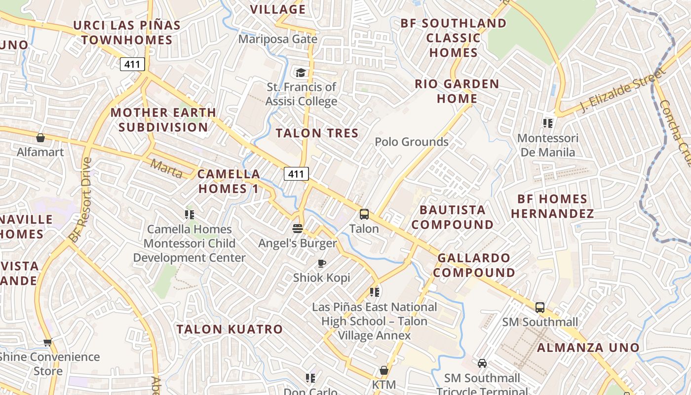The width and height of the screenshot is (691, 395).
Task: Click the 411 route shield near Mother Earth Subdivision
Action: [132, 64]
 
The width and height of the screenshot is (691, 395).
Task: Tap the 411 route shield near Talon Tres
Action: [296, 174]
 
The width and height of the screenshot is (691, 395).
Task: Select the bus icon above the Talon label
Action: [364, 214]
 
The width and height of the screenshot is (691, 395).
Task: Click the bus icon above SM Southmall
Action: [540, 308]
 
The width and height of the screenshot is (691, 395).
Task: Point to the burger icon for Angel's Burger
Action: [297, 228]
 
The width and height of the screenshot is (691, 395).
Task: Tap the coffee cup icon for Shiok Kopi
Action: [321, 263]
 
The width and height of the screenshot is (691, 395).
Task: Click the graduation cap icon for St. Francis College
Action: [301, 73]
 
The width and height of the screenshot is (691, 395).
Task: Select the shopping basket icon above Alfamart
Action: [40, 138]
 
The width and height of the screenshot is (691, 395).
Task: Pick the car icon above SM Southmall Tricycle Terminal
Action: [482, 363]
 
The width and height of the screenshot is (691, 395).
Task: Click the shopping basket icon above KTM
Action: [384, 370]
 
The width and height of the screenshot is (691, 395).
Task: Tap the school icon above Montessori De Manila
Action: [547, 123]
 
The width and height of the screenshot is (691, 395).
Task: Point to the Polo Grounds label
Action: [412, 142]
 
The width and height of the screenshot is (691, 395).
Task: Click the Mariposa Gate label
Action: [278, 39]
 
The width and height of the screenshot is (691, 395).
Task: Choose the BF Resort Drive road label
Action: [81, 200]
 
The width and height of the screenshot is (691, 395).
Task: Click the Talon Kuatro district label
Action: [230, 329]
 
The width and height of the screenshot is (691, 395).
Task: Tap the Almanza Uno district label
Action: [588, 348]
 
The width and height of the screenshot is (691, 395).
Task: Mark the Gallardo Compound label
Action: [474, 265]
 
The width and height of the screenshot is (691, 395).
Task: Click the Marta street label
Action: [166, 168]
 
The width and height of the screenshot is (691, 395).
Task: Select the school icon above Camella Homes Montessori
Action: [189, 215]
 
